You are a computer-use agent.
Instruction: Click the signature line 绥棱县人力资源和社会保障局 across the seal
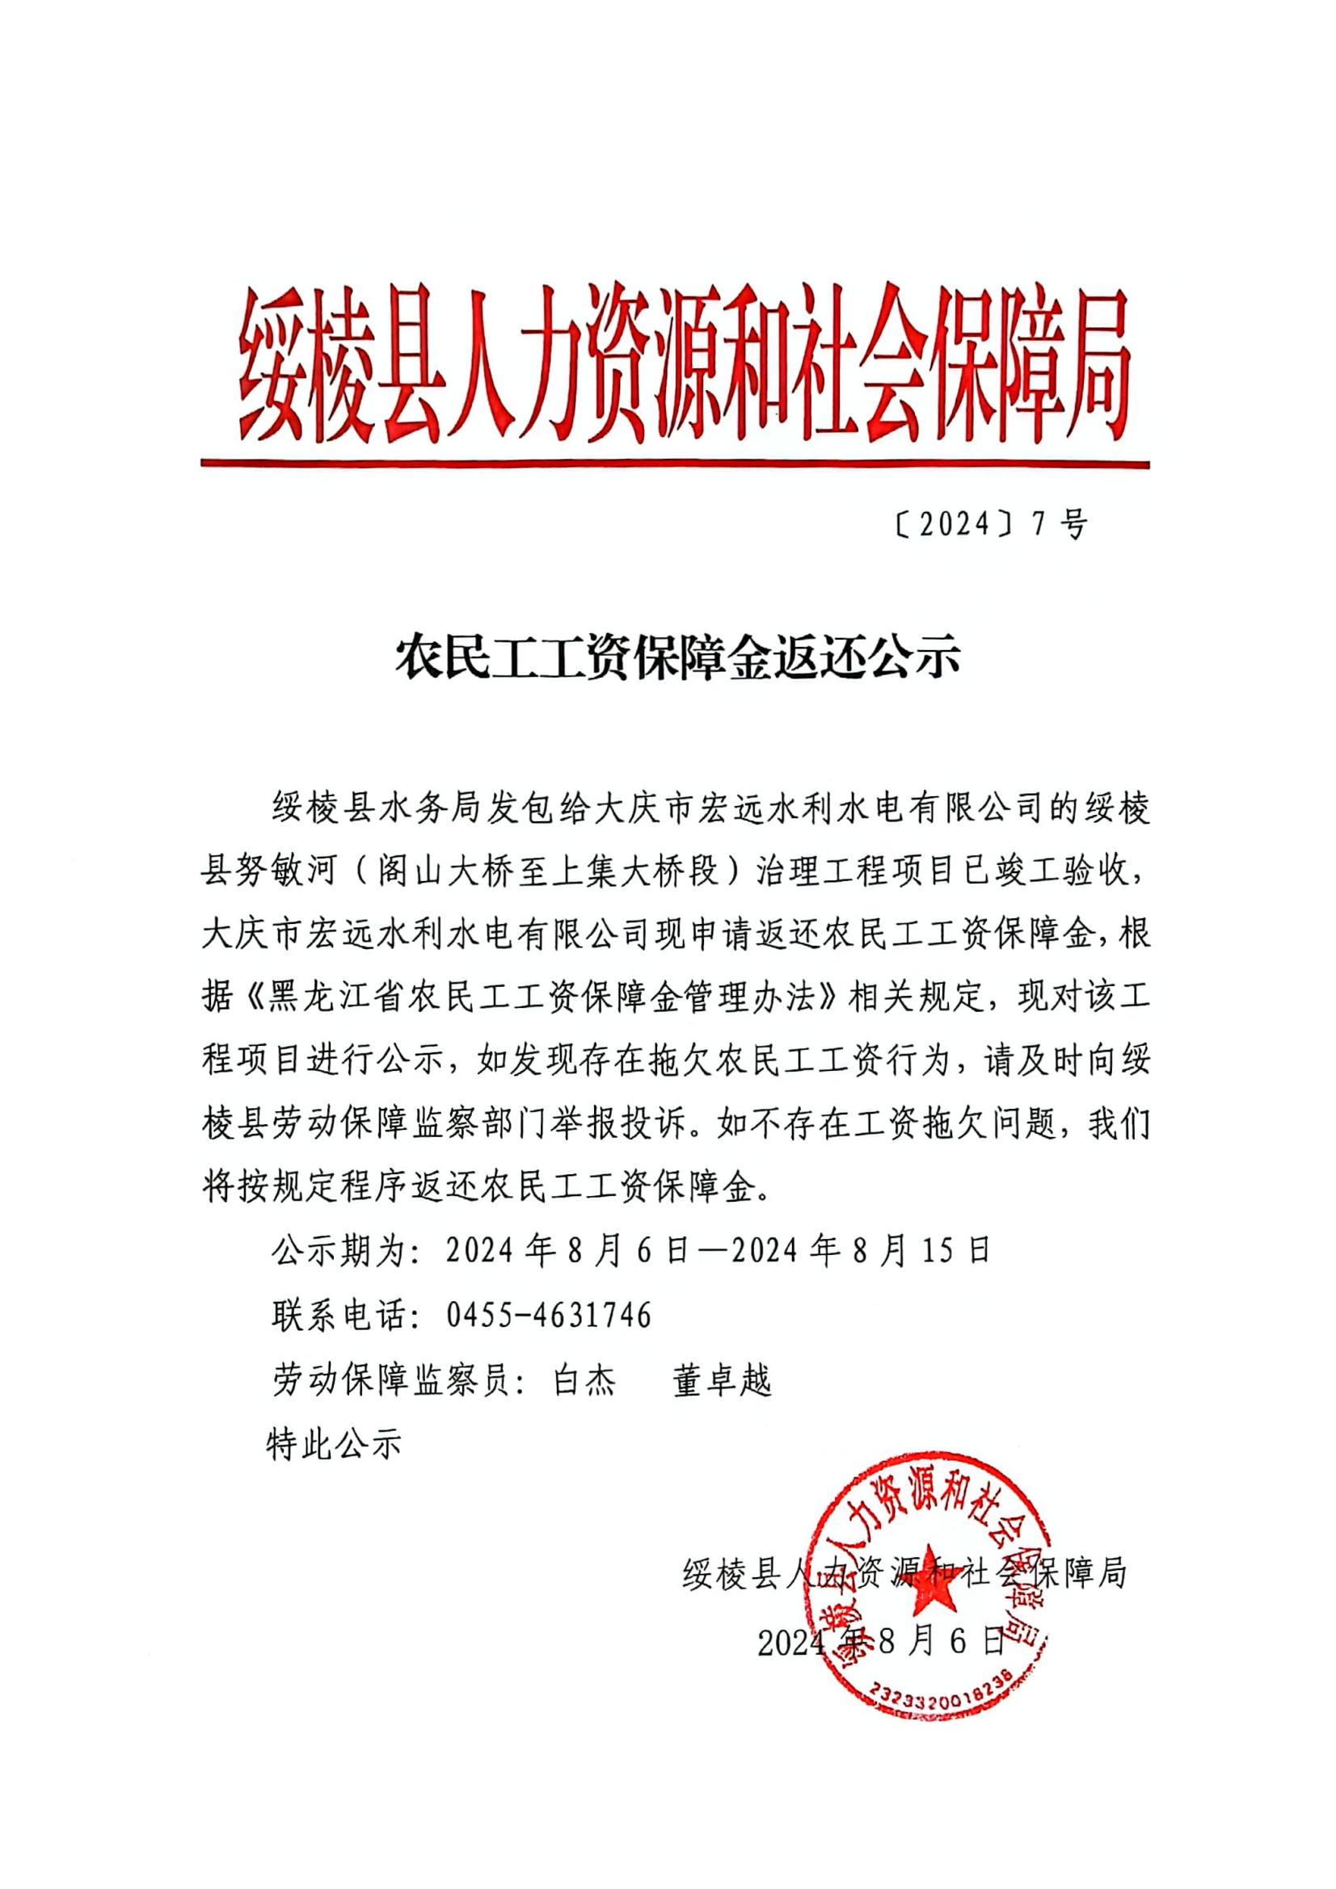(904, 1575)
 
